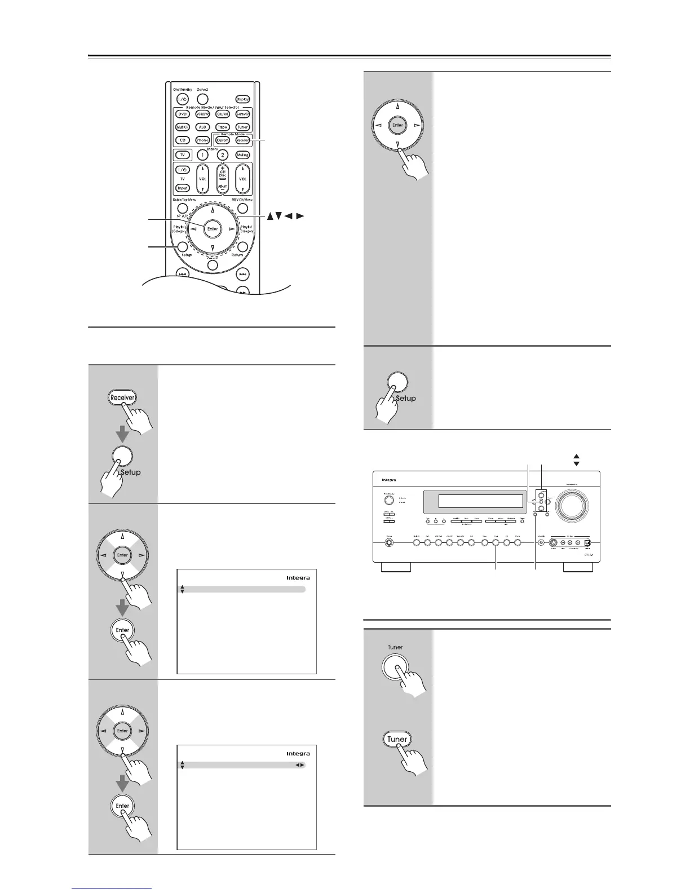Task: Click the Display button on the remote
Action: (242, 99)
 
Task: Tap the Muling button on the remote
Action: (242, 154)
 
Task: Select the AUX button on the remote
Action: (202, 127)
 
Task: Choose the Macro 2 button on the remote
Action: (222, 154)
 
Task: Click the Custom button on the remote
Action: (223, 140)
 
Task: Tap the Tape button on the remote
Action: (223, 127)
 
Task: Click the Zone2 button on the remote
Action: (203, 99)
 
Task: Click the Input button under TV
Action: (182, 188)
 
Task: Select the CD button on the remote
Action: (182, 140)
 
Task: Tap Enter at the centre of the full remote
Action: (213, 229)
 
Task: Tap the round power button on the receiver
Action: (390, 501)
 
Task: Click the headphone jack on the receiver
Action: (390, 543)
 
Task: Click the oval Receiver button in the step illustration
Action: (122, 397)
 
